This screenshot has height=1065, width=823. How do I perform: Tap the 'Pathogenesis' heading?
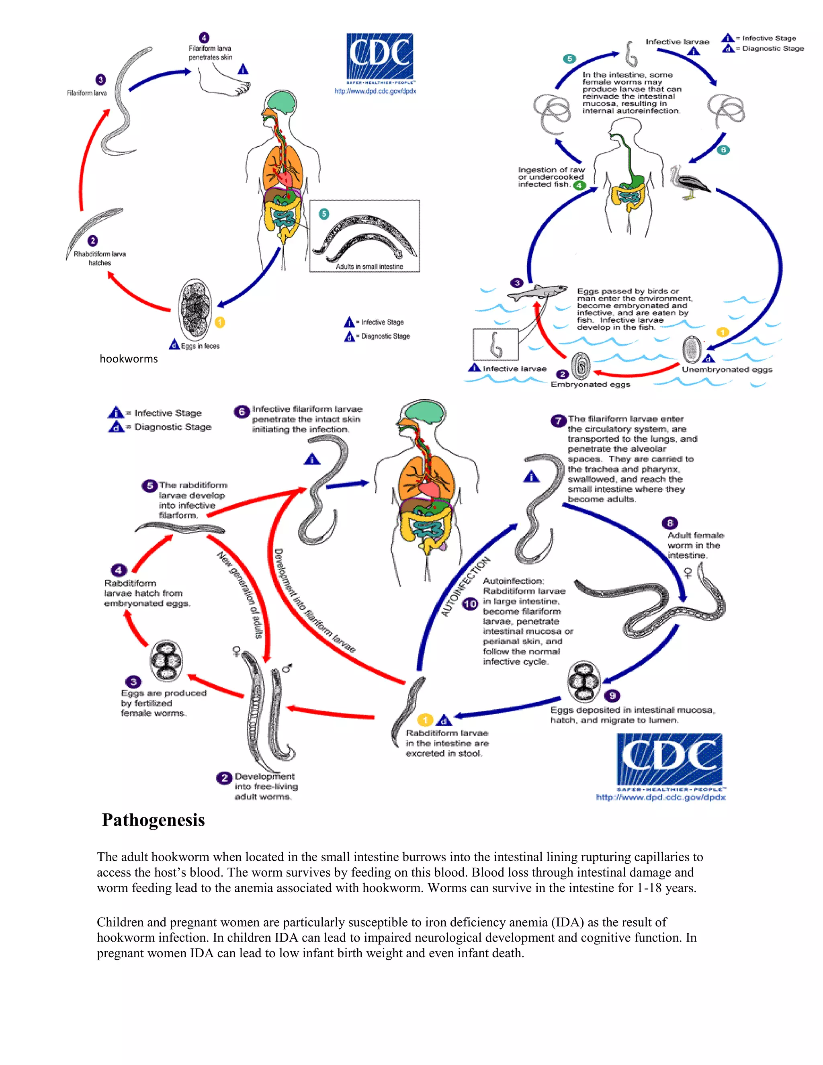(x=153, y=820)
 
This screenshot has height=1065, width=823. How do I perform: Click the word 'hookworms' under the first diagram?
(x=129, y=359)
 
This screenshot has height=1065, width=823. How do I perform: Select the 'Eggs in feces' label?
(x=200, y=346)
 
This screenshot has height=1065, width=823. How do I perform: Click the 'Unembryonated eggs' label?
(x=727, y=370)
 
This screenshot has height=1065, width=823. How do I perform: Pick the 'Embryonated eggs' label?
(x=590, y=384)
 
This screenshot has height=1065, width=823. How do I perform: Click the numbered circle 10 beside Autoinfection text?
(x=470, y=604)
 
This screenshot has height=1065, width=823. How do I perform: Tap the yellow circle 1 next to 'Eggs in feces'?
(x=220, y=322)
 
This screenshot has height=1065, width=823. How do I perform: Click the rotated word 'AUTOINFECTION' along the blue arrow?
(x=465, y=587)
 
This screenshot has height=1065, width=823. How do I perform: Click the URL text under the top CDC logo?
(x=375, y=91)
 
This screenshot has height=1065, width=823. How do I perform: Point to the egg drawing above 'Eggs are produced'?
(x=166, y=661)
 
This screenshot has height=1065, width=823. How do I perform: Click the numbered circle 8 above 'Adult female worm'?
(x=669, y=523)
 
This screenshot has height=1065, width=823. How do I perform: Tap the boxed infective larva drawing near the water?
(x=495, y=345)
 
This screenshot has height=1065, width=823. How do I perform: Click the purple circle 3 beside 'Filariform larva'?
(x=100, y=80)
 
